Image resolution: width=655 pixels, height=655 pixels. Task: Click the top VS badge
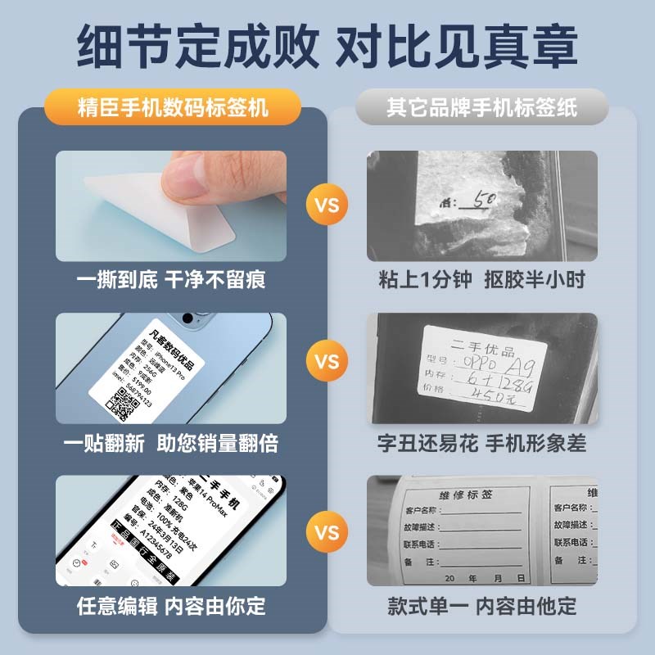coord(327,204)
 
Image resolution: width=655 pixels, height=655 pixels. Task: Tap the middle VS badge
coord(327,361)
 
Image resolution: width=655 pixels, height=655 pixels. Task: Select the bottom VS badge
coord(327,533)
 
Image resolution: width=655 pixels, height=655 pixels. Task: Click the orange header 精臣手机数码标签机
coord(173,107)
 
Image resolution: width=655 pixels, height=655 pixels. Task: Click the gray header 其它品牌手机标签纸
coord(482,107)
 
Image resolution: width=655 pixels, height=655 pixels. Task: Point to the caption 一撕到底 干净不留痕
coord(171,280)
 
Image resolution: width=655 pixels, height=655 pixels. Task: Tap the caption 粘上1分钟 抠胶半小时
coord(482,280)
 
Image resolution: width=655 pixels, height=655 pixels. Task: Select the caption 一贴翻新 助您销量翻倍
coord(171,444)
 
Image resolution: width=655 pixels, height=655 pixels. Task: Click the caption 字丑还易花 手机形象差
coord(482,444)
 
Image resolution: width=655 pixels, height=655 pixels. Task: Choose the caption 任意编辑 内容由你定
coord(171,607)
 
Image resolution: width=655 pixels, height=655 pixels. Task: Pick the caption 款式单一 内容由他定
coord(482,607)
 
